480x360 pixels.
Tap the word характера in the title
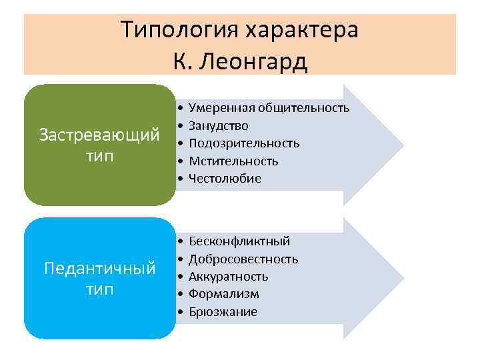pos(301,30)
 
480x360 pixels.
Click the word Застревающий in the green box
pos(99,135)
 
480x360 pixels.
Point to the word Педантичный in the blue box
pos(99,269)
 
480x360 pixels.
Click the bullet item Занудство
pos(219,125)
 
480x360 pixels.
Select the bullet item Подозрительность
pos(244,143)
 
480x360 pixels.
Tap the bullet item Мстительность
pos(233,161)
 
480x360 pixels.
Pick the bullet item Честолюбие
pos(225,179)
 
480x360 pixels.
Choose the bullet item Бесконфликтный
pos(239,241)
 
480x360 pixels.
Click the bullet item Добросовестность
pos(243,259)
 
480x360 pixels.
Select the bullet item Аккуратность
pos(228,277)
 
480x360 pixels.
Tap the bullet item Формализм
pos(224,294)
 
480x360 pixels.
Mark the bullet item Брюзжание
pos(223,312)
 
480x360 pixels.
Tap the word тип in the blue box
pos(99,290)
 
